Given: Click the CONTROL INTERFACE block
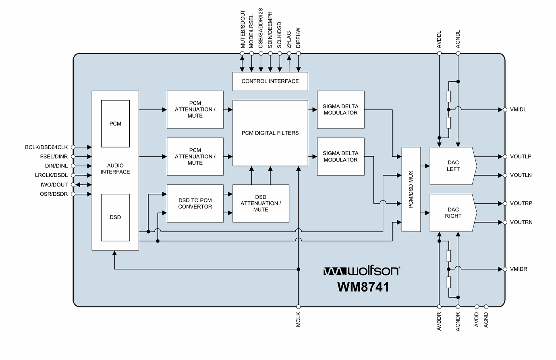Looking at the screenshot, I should pyautogui.click(x=270, y=81).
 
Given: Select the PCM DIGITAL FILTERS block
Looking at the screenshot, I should pyautogui.click(x=270, y=133).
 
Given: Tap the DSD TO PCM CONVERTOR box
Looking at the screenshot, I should pyautogui.click(x=195, y=203).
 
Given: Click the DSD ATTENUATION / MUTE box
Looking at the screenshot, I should pyautogui.click(x=261, y=203).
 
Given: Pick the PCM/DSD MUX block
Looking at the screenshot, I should pyautogui.click(x=411, y=189).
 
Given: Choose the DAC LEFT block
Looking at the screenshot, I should pyautogui.click(x=453, y=166).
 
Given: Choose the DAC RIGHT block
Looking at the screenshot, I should pyautogui.click(x=453, y=213).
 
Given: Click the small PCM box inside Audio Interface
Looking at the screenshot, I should pyautogui.click(x=115, y=124).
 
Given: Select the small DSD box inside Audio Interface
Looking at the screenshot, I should pyautogui.click(x=115, y=217).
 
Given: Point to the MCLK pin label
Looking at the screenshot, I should pyautogui.click(x=299, y=320).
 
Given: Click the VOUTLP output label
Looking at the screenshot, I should pyautogui.click(x=521, y=157).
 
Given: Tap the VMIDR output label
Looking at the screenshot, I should pyautogui.click(x=519, y=269).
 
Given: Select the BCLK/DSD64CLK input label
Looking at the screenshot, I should pyautogui.click(x=46, y=147).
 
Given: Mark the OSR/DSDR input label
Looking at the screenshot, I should pyautogui.click(x=54, y=194).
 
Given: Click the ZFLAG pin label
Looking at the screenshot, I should pyautogui.click(x=289, y=40).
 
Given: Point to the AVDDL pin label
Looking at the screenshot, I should pyautogui.click(x=439, y=39).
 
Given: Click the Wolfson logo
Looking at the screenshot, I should pyautogui.click(x=361, y=271).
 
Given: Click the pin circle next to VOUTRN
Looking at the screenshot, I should pyautogui.click(x=505, y=222).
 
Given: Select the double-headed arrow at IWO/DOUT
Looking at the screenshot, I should pyautogui.click(x=83, y=185).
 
